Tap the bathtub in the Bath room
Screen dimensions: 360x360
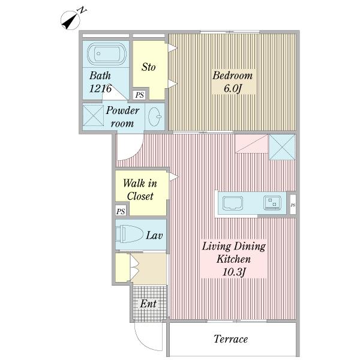click(x=107, y=54)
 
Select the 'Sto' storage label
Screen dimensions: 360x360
click(x=148, y=67)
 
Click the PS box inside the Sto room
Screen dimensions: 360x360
click(x=139, y=95)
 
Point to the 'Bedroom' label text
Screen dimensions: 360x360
click(x=232, y=76)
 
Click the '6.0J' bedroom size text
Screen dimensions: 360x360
click(x=233, y=89)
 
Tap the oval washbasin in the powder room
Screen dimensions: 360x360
click(x=154, y=116)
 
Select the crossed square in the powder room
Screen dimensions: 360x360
click(x=93, y=115)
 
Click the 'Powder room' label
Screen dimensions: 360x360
click(x=122, y=117)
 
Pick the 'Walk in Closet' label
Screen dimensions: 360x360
click(x=140, y=190)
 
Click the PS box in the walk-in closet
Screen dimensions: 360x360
click(x=121, y=211)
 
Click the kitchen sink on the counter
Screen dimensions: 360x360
click(x=233, y=203)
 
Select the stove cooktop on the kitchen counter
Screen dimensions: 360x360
click(x=272, y=203)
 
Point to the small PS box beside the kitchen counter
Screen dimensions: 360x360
click(x=293, y=205)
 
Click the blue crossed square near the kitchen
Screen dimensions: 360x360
click(x=282, y=147)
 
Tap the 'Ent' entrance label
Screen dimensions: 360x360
click(x=148, y=304)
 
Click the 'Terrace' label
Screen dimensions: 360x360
click(x=231, y=339)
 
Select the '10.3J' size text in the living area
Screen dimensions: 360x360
click(x=234, y=272)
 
